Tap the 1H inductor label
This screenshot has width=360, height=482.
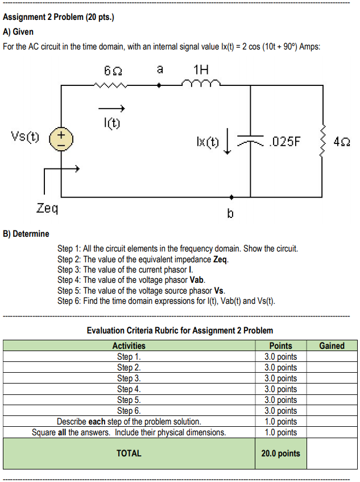201,71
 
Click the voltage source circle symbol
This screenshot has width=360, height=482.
60,139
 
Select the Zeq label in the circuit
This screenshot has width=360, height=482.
47,208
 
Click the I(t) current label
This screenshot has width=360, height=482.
111,122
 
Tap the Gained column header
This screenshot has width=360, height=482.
332,345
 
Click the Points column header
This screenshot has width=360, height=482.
280,345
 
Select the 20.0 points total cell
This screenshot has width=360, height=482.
280,454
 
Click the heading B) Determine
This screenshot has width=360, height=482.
26,233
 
